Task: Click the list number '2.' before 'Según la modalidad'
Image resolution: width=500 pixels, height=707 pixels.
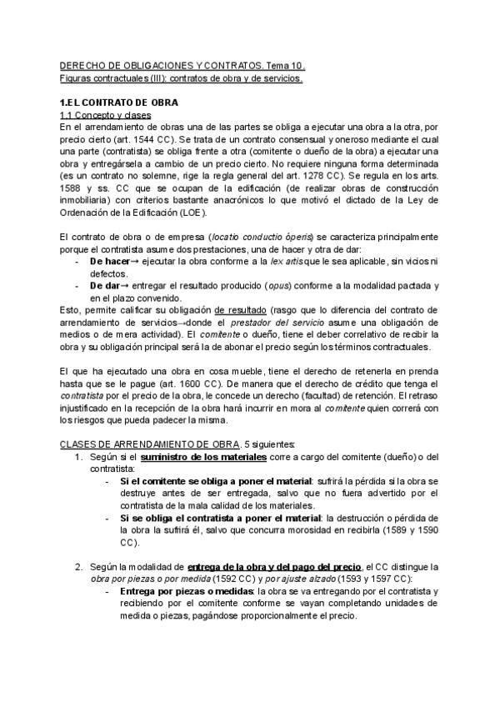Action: (x=78, y=567)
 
